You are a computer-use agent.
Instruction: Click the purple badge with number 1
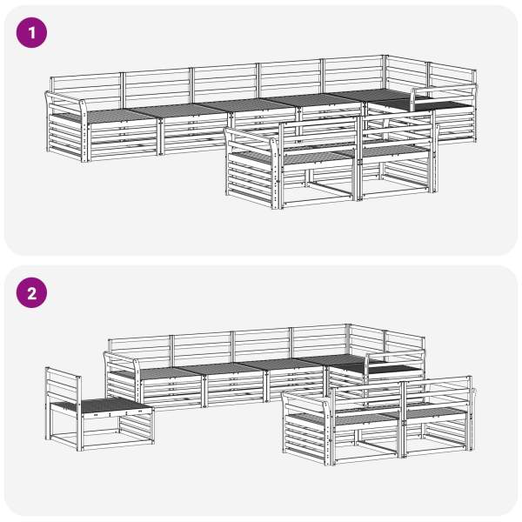(x=31, y=33)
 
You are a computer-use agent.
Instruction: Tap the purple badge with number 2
(x=31, y=292)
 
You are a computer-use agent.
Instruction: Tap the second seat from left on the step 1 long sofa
(x=177, y=110)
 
